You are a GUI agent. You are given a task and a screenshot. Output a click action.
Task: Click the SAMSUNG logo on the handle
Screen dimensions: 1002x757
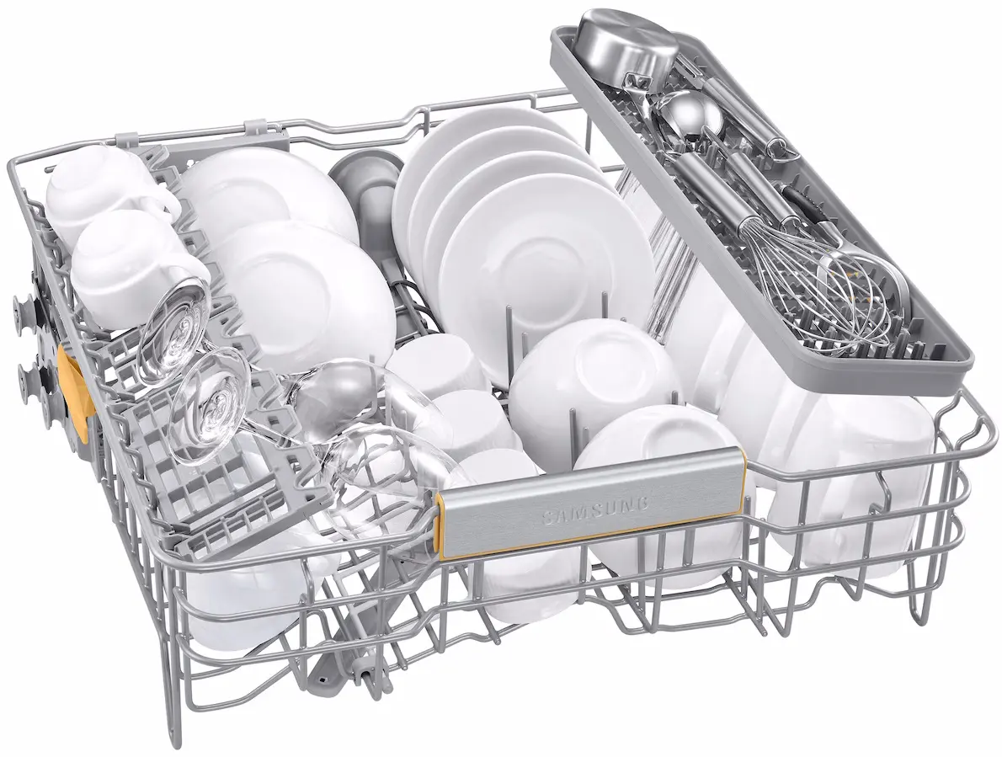[x=595, y=509]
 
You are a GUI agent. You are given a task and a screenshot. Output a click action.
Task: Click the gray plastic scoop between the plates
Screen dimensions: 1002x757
[x=367, y=192]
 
